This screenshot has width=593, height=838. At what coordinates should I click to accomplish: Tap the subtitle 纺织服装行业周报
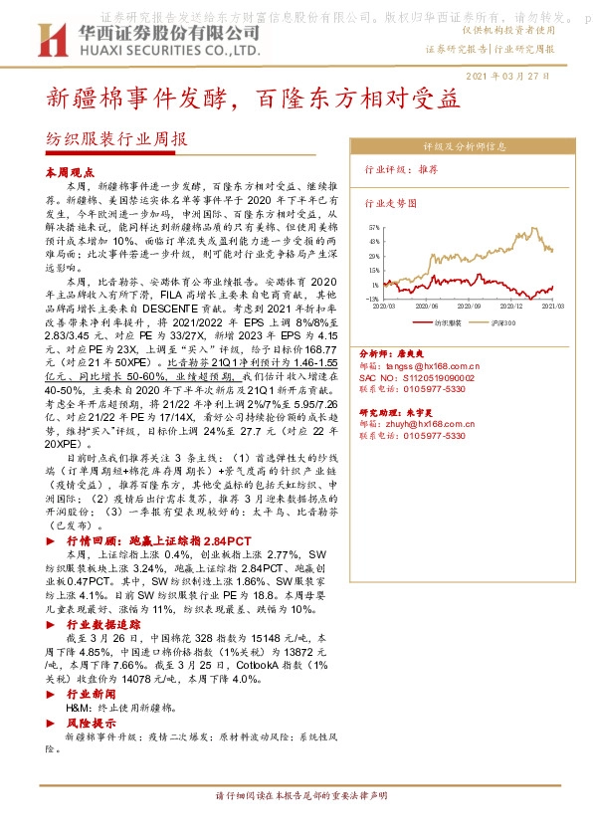116,140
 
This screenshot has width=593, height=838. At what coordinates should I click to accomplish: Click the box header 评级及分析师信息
465,145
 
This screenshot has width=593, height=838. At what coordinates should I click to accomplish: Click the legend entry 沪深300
502,323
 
